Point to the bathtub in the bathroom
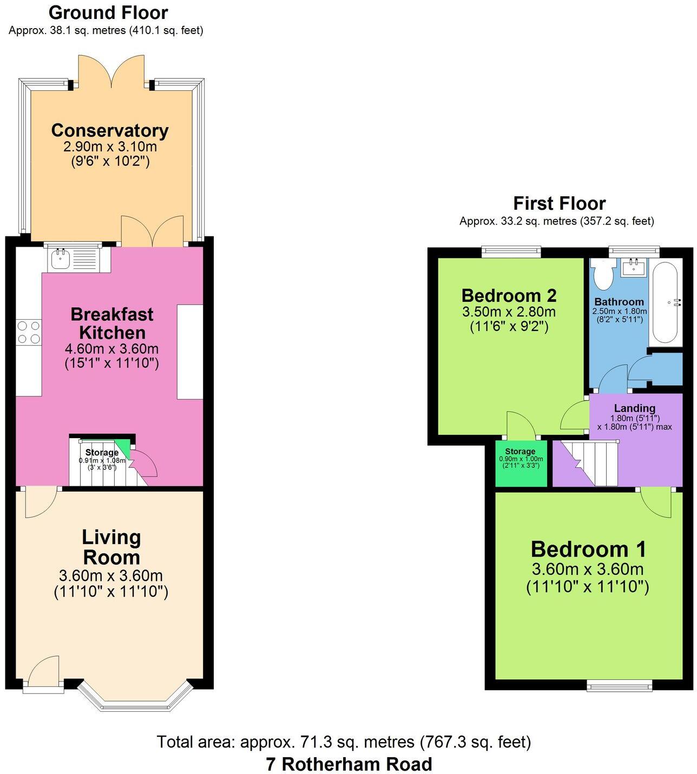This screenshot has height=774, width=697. (x=665, y=302)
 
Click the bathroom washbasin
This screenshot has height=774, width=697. (x=633, y=267)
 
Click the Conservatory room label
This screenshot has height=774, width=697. (x=110, y=130)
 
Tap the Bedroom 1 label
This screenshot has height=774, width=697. (x=588, y=550)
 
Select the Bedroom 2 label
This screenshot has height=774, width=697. (x=509, y=295)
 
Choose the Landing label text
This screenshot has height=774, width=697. (x=635, y=408)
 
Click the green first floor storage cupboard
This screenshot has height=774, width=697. (x=521, y=463)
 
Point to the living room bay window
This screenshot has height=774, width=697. (x=134, y=697)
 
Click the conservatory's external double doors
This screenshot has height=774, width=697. (x=111, y=71)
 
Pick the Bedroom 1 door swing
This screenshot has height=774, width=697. (x=655, y=504)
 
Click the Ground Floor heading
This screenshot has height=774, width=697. (x=108, y=13)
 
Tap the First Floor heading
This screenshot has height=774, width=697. (x=559, y=203)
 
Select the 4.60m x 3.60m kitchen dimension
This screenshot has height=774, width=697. (x=111, y=349)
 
